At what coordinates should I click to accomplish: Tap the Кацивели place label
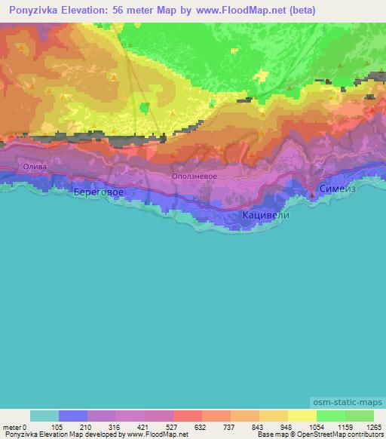[265, 215]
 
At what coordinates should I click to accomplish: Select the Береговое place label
[99, 192]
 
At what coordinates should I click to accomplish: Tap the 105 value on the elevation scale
[58, 426]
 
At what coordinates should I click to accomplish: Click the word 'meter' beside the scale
[11, 426]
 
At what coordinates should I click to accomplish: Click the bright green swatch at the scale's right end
[359, 416]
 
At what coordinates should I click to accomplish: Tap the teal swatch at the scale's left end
[44, 416]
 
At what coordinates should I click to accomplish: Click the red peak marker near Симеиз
[313, 195]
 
